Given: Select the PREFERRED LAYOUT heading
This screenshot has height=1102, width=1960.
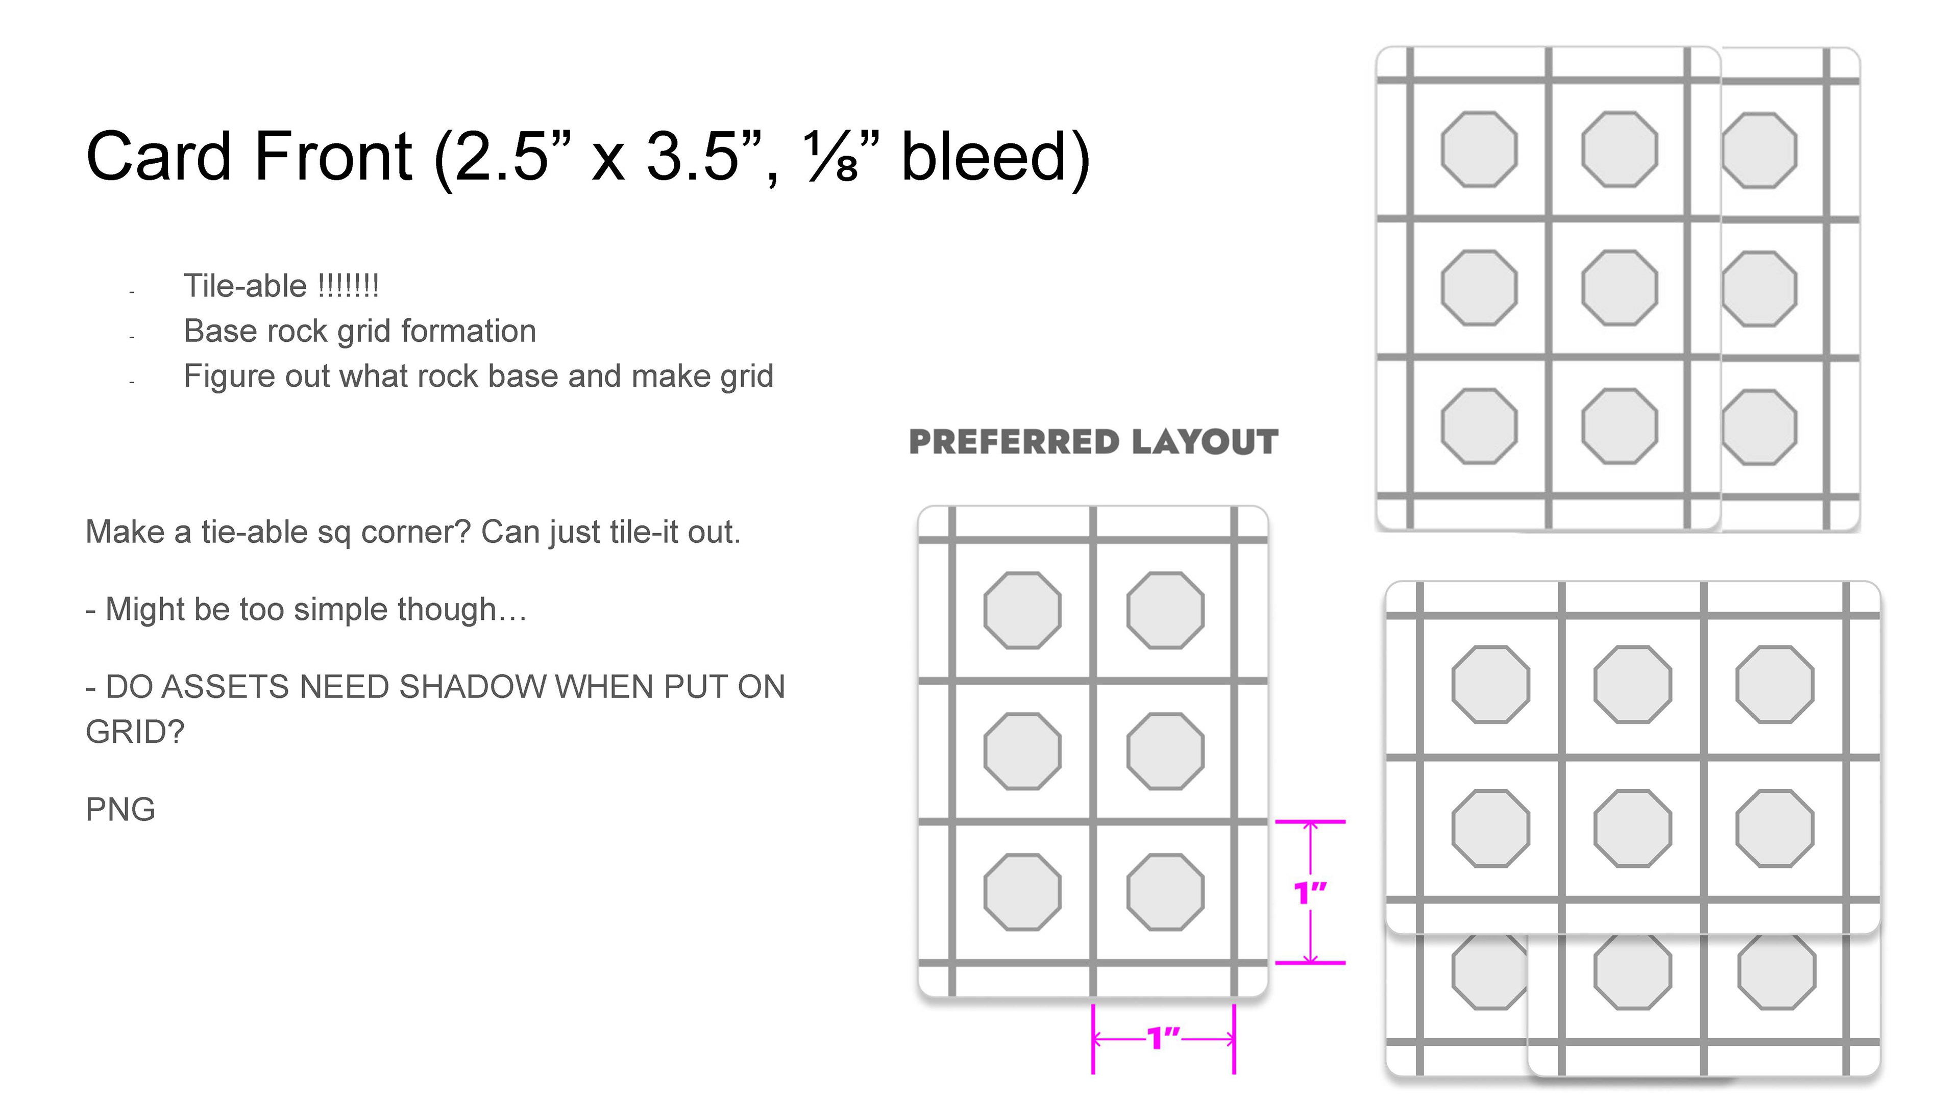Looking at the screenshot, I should pos(1093,442).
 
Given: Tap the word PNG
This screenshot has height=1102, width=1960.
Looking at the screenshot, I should pos(120,809).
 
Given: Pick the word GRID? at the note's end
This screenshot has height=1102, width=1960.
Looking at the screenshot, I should pos(135,732).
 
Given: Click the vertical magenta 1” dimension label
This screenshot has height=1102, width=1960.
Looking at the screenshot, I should pos(1310,892).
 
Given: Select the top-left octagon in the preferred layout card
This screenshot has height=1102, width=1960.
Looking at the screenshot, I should pos(1022,610).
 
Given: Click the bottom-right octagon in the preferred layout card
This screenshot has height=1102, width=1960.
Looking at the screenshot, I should pos(1165,892).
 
